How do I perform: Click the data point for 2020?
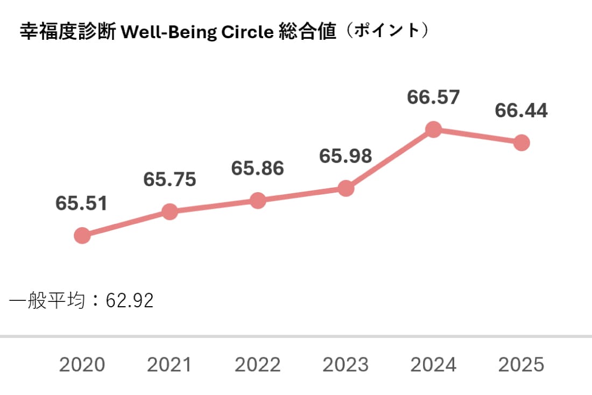(82, 235)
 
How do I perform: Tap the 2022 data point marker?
(258, 200)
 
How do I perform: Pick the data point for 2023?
(346, 188)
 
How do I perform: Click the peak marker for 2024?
(433, 129)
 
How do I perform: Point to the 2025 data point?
(521, 143)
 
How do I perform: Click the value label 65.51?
(82, 203)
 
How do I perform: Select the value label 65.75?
(170, 180)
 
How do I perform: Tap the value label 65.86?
(258, 168)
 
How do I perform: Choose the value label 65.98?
(346, 156)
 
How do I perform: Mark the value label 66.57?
(433, 98)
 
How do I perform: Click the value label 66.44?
(521, 111)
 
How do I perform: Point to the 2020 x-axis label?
(82, 365)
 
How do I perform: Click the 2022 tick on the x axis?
(258, 365)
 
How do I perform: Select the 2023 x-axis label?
(346, 365)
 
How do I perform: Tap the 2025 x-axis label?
(521, 365)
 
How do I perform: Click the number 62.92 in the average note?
(130, 300)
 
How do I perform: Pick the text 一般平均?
(47, 300)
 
